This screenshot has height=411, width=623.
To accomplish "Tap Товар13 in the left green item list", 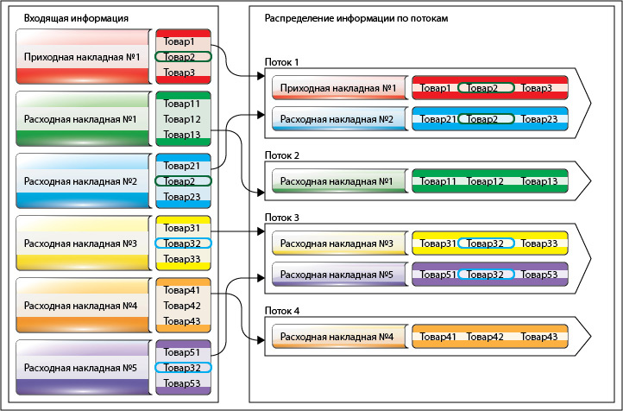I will [x=182, y=135].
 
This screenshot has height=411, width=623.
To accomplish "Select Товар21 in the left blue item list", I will [x=182, y=166].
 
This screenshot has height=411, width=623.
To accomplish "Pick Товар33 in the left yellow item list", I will [x=182, y=259].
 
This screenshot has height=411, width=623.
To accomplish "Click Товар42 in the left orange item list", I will [x=182, y=306].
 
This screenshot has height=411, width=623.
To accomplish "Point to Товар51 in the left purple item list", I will [x=182, y=352].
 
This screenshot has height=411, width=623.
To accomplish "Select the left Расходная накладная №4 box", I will [x=83, y=306].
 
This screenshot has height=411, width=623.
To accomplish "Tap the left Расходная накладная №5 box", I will [x=83, y=368].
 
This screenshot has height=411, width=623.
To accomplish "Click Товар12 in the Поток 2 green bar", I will [x=485, y=181].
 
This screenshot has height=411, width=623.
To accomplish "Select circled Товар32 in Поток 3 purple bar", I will [x=486, y=275].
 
